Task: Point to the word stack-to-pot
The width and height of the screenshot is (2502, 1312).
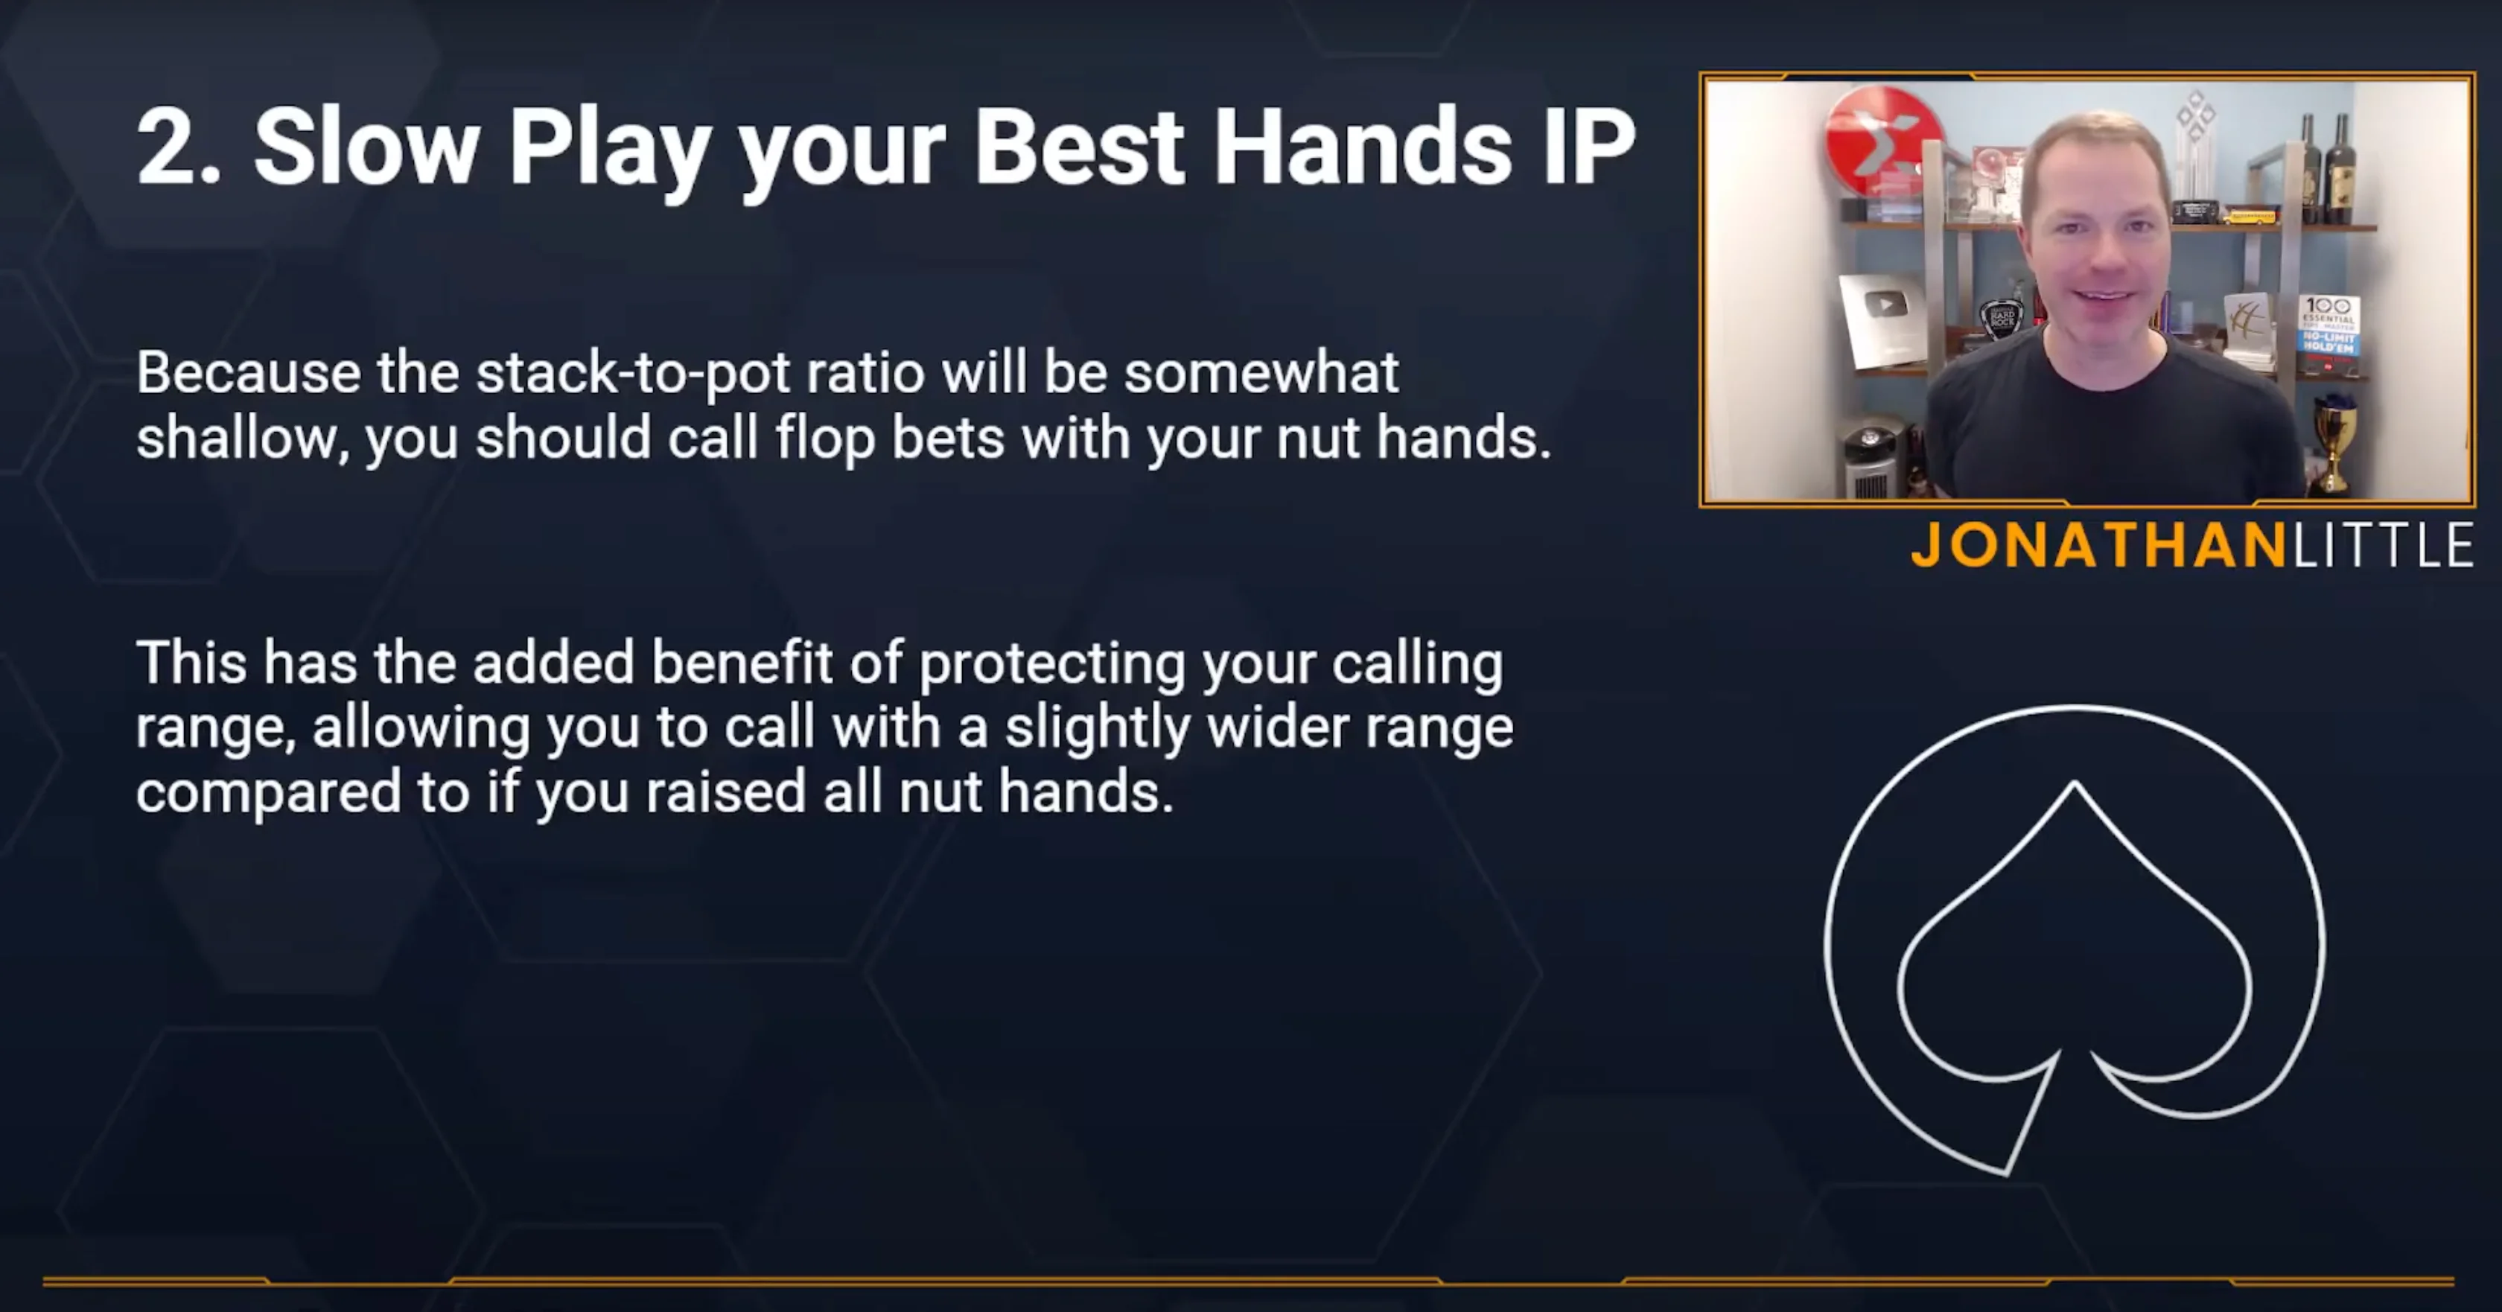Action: (x=699, y=373)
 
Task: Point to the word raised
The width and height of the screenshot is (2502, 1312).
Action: (x=725, y=792)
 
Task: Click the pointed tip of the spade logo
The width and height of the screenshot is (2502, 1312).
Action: (x=2075, y=782)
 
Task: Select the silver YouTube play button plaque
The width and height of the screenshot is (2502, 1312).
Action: (x=1882, y=319)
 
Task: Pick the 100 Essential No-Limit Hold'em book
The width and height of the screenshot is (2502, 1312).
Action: (x=2328, y=336)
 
